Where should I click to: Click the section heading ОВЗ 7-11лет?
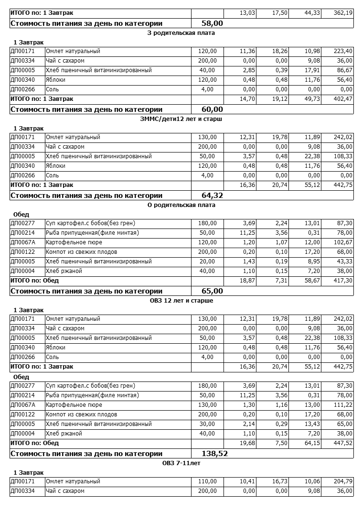point(181,463)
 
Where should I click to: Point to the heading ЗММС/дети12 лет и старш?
point(181,119)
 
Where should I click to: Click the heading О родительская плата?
point(181,205)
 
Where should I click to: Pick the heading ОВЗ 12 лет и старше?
point(181,301)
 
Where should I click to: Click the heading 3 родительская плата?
point(181,33)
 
